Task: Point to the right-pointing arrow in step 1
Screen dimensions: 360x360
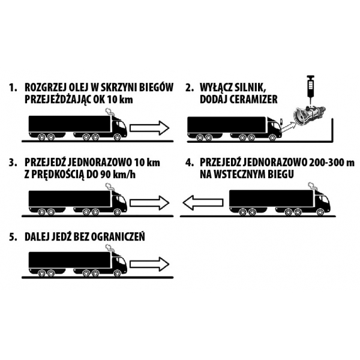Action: tap(149, 128)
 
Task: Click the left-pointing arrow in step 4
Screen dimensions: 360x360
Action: tap(203, 203)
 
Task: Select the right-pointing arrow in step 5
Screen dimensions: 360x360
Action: tap(149, 264)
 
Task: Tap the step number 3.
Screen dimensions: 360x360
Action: tap(13, 163)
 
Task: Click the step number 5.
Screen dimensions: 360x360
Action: tap(13, 237)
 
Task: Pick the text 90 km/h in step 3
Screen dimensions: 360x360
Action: tap(118, 175)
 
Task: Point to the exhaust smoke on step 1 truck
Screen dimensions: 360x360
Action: tap(110, 112)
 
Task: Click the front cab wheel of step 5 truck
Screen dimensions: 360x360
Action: tap(117, 273)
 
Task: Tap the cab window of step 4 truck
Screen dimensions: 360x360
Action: tap(324, 200)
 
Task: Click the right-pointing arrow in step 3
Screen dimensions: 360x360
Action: tap(149, 203)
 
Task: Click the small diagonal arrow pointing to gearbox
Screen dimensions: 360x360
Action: tap(289, 127)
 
